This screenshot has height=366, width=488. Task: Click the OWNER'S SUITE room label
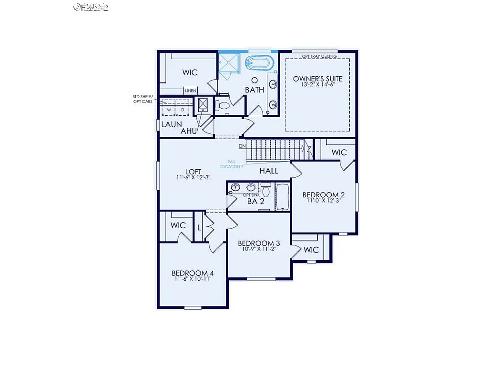317,79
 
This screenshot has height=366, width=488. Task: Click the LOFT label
193,172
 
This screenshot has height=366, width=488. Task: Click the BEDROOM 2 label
324,195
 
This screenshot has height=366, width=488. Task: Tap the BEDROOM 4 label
193,273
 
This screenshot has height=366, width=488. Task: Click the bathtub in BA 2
283,197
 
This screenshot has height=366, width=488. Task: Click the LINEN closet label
191,91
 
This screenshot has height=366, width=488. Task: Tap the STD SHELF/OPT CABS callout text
143,99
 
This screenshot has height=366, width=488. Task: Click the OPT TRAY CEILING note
319,56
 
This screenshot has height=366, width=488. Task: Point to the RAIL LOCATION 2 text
232,164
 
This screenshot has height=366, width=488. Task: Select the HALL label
269,171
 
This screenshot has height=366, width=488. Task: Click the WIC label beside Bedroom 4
178,224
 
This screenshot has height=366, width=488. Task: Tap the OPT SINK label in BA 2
251,195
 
